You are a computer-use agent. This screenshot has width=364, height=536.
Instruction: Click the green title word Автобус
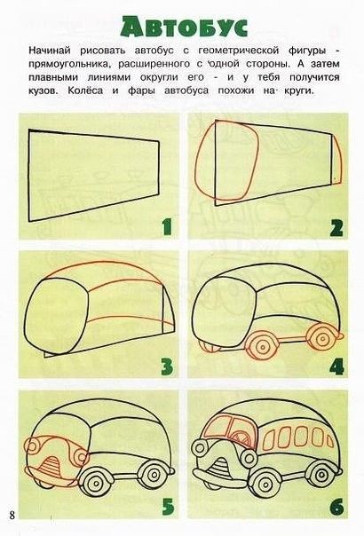[x=184, y=25]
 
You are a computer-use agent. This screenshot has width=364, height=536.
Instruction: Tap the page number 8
[x=12, y=515]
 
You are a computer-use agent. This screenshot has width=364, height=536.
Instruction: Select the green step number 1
[x=167, y=227]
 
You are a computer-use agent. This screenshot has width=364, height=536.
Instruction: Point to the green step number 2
[x=336, y=228]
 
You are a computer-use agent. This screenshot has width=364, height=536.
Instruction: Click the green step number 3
[x=167, y=367]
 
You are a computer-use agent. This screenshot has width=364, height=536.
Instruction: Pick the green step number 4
[x=336, y=367]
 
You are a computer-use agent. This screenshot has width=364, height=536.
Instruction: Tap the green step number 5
[x=168, y=506]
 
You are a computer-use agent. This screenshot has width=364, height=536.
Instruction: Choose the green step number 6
[x=336, y=506]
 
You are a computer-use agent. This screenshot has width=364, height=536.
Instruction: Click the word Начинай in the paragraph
[x=50, y=51]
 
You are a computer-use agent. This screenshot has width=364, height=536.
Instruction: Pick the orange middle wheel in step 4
[x=263, y=345]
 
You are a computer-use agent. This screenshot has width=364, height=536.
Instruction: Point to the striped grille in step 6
[x=220, y=467]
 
